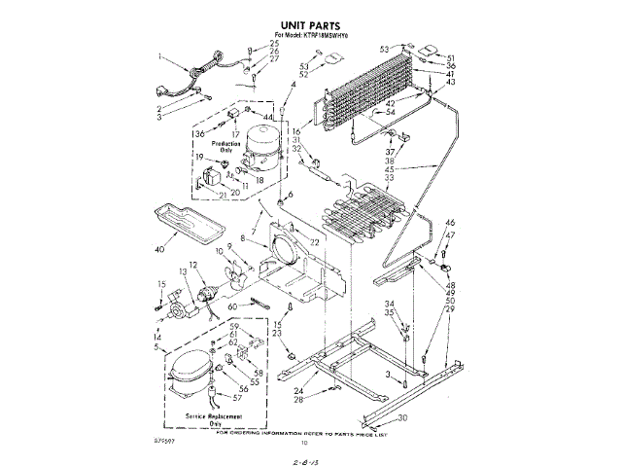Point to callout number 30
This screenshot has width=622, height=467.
coord(402,418)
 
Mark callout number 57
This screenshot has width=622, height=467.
coord(237,398)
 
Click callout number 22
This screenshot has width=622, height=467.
coord(314,242)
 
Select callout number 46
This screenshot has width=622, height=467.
coord(450,224)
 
